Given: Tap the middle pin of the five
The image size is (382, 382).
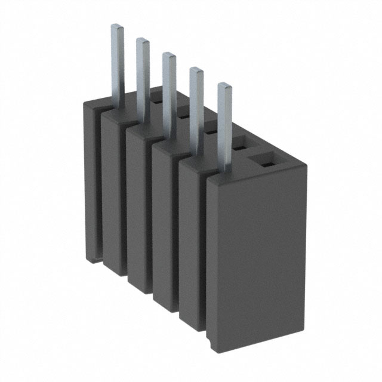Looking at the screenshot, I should pyautogui.click(x=170, y=90).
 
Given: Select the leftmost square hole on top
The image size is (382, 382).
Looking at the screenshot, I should pyautogui.click(x=156, y=102).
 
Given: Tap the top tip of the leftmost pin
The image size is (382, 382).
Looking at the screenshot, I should pyautogui.click(x=118, y=27).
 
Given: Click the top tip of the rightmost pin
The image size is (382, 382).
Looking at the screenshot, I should pyautogui.click(x=225, y=87).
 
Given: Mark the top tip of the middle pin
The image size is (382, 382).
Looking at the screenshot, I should pyautogui.click(x=170, y=56).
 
